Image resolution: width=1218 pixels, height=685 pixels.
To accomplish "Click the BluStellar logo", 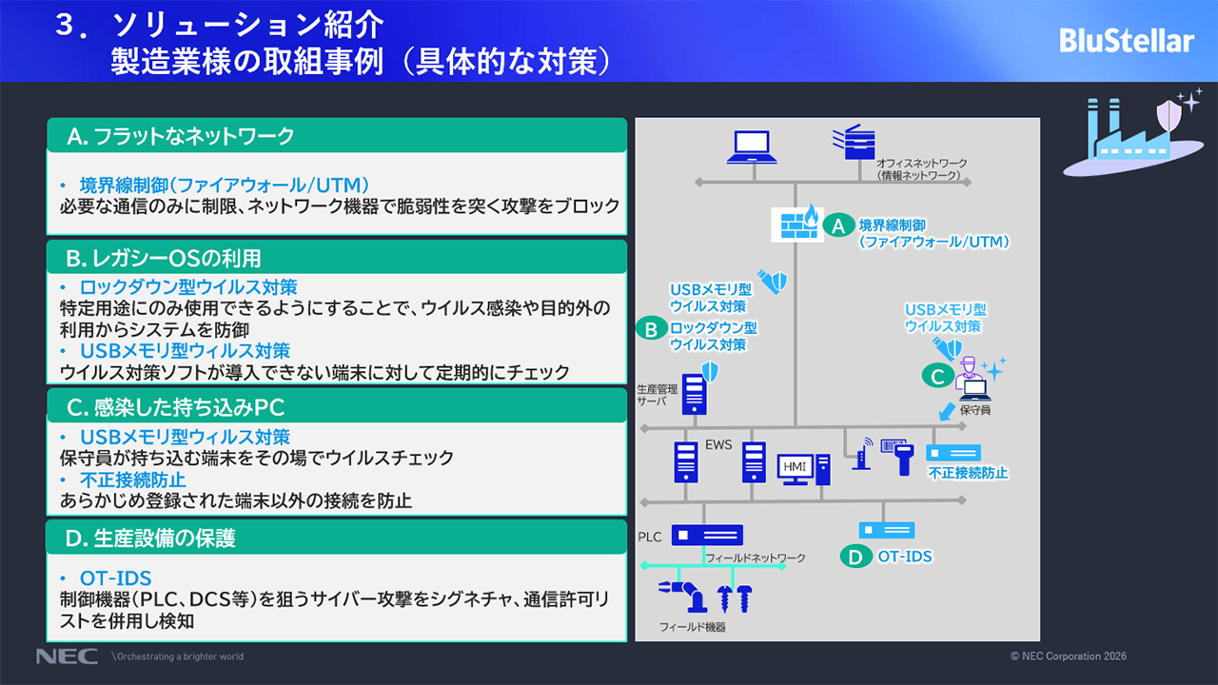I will [x=1126, y=41].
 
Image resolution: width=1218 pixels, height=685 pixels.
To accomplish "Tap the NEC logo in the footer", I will [x=67, y=656].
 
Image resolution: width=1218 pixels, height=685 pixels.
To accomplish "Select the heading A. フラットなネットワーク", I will [x=181, y=136].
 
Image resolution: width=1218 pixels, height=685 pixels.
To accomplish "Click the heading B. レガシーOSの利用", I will [x=164, y=258].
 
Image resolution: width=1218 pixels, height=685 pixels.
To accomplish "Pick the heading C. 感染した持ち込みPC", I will [x=176, y=408].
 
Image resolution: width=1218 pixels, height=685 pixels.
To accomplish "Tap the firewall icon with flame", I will [x=794, y=224].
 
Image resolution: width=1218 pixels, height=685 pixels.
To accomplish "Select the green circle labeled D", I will [x=856, y=556].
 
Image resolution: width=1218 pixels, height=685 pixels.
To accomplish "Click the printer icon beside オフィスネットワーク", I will [x=852, y=144].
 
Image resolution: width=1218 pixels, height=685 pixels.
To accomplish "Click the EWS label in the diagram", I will [x=718, y=444].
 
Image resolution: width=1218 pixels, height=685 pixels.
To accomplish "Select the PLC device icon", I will [x=707, y=536].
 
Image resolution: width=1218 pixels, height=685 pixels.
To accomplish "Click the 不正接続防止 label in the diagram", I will [x=968, y=473].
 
